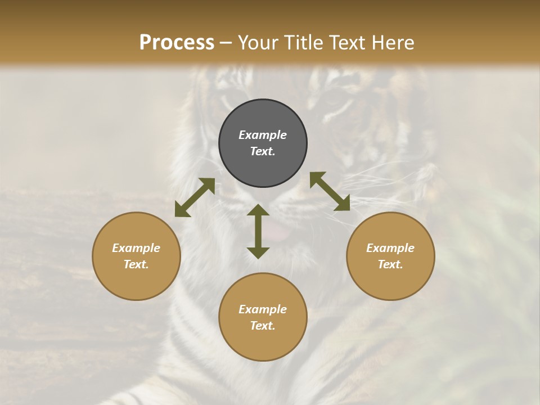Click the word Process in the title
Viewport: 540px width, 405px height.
point(177,43)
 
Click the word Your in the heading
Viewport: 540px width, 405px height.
point(256,43)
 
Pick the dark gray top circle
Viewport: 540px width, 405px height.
point(263,143)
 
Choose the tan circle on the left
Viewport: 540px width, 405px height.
point(136,256)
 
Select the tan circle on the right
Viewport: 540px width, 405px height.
point(390,256)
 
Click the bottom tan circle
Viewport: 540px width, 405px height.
point(263,317)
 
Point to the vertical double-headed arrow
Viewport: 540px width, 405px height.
point(258,231)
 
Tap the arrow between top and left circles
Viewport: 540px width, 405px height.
point(195,197)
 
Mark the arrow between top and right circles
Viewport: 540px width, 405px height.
point(330,191)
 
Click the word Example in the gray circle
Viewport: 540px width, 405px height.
point(263,135)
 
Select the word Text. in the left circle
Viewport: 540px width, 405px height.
point(136,264)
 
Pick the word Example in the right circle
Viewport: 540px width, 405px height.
point(390,248)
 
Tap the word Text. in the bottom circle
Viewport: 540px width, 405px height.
point(263,326)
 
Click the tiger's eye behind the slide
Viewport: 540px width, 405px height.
point(338,103)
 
